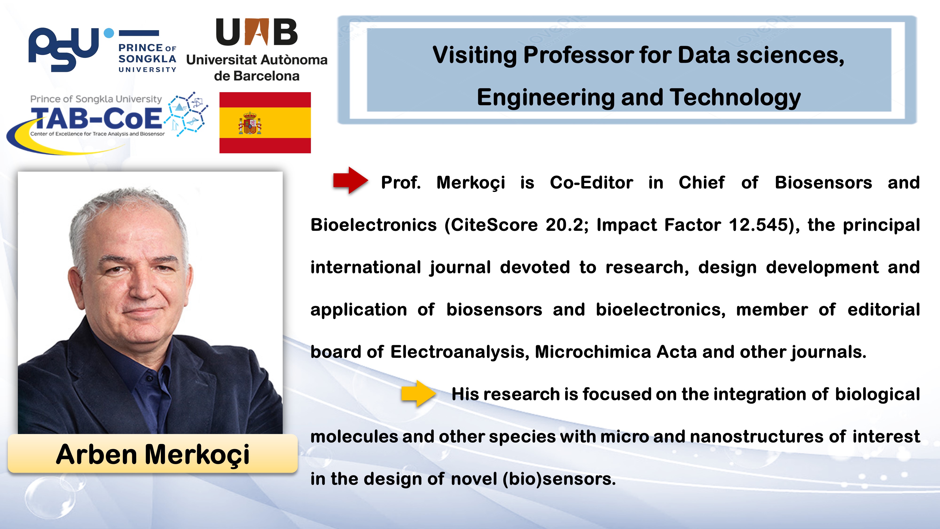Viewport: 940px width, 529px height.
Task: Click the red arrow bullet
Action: [x=350, y=180]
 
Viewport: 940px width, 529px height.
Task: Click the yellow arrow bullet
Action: [x=418, y=394]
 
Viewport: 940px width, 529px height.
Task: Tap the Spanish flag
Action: [x=265, y=123]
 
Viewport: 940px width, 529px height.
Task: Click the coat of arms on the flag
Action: [x=250, y=123]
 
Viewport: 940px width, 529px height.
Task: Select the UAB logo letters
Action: [x=257, y=32]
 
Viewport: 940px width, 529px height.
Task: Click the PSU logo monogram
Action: [x=64, y=50]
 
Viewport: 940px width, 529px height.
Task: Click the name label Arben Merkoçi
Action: [x=153, y=454]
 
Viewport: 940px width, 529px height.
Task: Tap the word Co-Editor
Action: [x=591, y=182]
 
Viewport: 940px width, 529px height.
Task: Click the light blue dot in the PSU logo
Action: [x=109, y=33]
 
